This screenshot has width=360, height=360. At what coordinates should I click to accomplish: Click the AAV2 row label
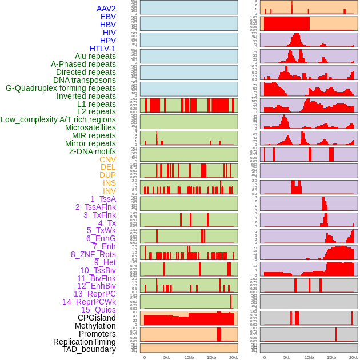point(106,9)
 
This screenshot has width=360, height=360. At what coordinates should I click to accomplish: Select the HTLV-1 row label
point(102,49)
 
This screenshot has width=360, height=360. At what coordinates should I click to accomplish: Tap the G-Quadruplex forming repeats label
point(61,88)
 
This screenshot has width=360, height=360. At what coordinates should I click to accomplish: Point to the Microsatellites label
point(90,127)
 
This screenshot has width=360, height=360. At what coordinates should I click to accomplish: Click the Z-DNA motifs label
point(92,151)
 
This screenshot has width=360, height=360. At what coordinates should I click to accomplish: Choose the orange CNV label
point(107,159)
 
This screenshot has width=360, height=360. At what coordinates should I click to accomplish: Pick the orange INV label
point(109,191)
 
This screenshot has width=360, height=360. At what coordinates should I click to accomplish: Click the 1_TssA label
point(103,199)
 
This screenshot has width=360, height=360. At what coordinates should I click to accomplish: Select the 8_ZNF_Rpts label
point(93,254)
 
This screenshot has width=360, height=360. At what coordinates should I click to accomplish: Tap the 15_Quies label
point(98,310)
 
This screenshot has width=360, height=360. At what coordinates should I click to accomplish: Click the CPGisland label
point(97,318)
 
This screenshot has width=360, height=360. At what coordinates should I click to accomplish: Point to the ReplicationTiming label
point(84,342)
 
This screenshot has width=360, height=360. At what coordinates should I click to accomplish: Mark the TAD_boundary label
point(89,349)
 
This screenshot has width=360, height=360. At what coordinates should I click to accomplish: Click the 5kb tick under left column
point(167,357)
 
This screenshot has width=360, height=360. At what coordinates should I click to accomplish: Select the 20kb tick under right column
point(354,357)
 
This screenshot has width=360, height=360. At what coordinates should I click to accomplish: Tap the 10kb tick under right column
point(309,357)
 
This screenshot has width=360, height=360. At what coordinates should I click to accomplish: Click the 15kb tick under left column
point(211,357)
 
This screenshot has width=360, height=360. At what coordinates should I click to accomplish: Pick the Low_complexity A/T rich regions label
point(58,119)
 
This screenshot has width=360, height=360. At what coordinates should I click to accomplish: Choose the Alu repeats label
point(95,56)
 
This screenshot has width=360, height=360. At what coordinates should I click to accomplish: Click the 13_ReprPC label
point(94,294)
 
